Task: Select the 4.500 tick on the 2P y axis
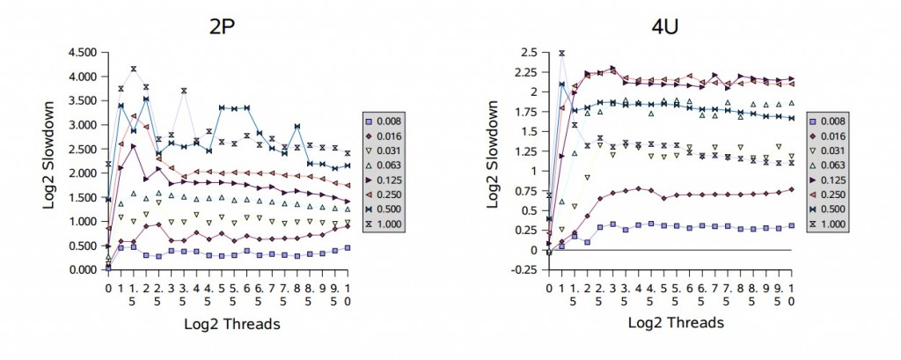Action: (81, 52)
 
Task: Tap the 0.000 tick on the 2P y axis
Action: (81, 269)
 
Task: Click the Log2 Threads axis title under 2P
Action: (232, 324)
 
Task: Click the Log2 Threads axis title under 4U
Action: (676, 323)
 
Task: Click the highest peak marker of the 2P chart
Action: (133, 68)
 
